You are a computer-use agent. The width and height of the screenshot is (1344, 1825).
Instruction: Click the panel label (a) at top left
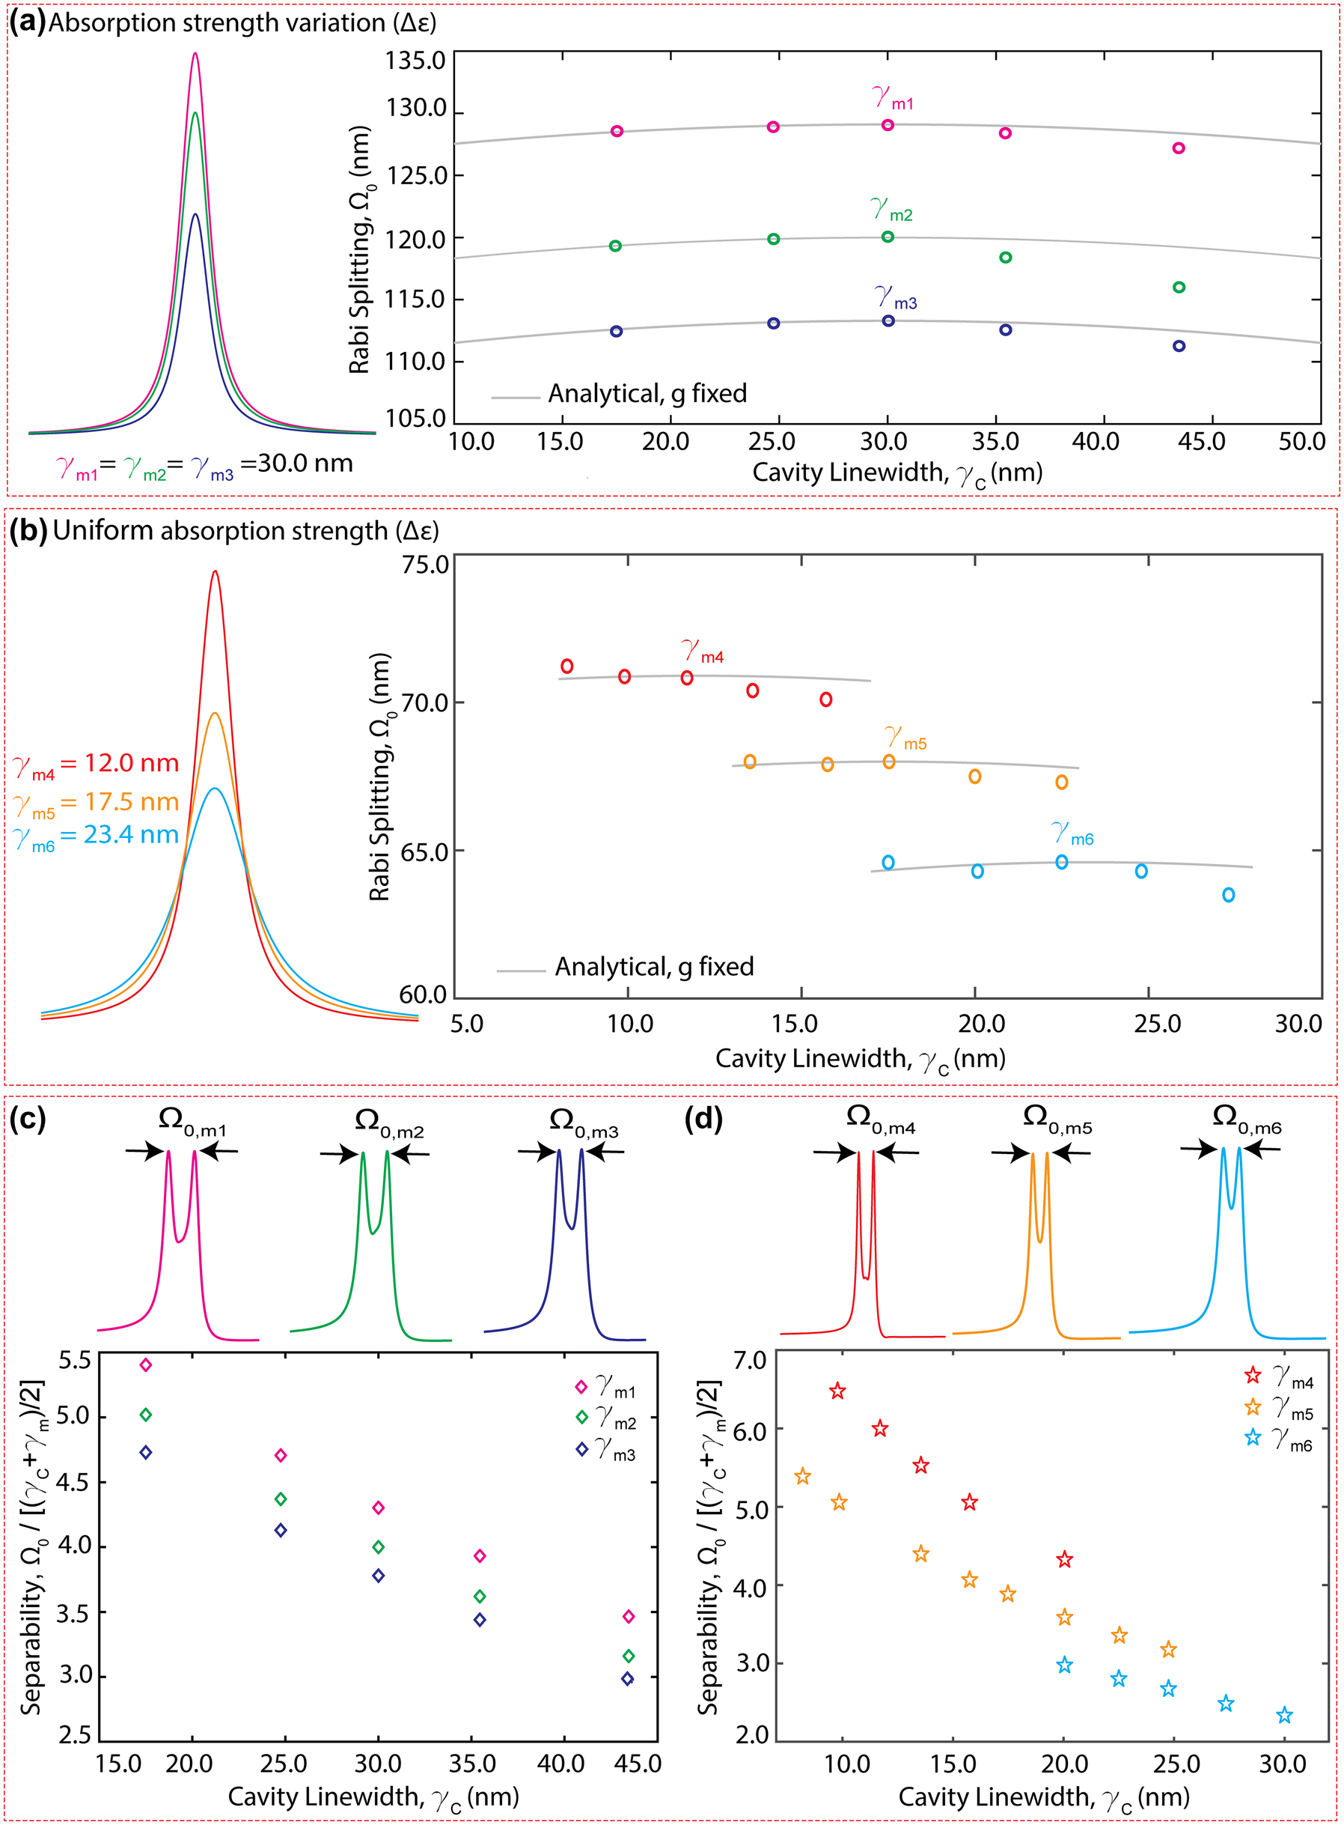(x=27, y=22)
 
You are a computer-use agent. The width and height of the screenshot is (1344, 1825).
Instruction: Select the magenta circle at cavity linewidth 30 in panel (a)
(x=888, y=125)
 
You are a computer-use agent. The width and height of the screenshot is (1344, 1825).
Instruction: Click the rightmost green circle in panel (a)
(x=1179, y=288)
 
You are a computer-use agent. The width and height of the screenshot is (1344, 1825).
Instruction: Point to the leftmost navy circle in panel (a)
(x=617, y=331)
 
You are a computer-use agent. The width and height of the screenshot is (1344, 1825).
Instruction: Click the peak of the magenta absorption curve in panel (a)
(x=195, y=54)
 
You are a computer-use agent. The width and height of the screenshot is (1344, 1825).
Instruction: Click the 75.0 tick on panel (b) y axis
(x=425, y=565)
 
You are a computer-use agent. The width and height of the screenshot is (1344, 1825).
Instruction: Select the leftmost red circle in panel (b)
(x=567, y=666)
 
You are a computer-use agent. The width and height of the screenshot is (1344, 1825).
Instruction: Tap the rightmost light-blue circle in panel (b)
(x=1229, y=896)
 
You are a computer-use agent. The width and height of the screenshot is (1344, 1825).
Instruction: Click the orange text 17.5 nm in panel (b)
(x=131, y=803)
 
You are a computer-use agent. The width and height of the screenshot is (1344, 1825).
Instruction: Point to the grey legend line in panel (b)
(x=521, y=971)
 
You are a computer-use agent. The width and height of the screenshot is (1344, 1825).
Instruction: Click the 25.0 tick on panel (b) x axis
(x=1157, y=1024)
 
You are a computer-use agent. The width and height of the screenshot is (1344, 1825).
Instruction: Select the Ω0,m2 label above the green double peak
(x=389, y=1123)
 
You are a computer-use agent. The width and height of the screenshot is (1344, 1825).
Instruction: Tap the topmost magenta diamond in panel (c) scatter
(x=146, y=1365)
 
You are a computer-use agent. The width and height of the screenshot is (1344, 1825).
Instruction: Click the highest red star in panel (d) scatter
(x=838, y=1391)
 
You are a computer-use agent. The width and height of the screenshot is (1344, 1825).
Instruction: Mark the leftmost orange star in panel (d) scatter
(x=802, y=1477)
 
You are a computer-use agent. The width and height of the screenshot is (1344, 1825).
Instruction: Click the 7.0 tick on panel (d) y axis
(x=750, y=1361)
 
